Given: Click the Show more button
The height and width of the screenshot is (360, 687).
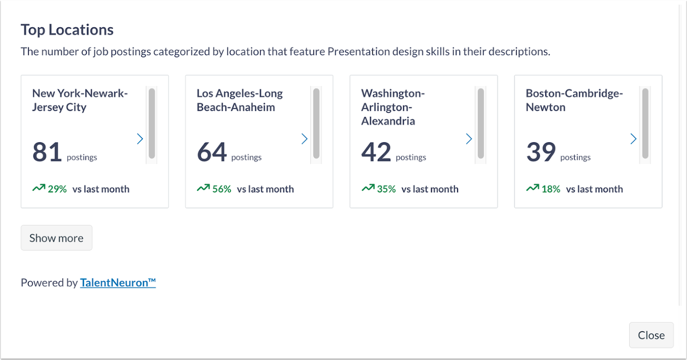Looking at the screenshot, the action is point(56,238).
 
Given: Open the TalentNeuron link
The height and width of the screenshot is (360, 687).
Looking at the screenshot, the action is point(118,282).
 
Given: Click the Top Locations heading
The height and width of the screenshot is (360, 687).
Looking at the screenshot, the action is point(67,30).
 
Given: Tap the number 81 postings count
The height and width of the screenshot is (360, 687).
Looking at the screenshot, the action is point(47,151).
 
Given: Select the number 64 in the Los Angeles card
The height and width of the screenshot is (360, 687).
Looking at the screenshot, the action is point(212,151).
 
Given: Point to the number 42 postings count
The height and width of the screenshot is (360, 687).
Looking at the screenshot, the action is point(376,151).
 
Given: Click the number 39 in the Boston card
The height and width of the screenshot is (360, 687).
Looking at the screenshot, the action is point(541,151).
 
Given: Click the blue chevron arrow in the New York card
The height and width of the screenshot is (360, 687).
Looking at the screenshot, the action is point(140,139).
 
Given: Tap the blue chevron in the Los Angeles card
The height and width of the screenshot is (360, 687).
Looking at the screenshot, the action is point(304,139).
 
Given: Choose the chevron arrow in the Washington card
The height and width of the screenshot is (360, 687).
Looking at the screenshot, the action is point(469,139).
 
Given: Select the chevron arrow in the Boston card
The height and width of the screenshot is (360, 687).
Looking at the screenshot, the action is point(634,139).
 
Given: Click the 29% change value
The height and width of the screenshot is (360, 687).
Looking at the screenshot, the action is point(58,189).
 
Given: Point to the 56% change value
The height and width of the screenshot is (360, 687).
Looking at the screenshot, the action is point(222,189).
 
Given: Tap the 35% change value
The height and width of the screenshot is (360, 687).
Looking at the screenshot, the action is point(386,189).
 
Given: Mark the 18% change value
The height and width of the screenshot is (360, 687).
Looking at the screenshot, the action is point(551,189).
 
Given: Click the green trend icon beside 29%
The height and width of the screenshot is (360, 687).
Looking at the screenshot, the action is point(39,188).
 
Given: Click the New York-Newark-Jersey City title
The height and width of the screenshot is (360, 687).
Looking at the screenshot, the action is point(80,100).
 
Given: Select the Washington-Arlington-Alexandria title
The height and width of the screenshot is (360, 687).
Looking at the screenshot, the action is point(393,107).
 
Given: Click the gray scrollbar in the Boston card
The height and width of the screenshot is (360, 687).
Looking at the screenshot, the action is point(645,124).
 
